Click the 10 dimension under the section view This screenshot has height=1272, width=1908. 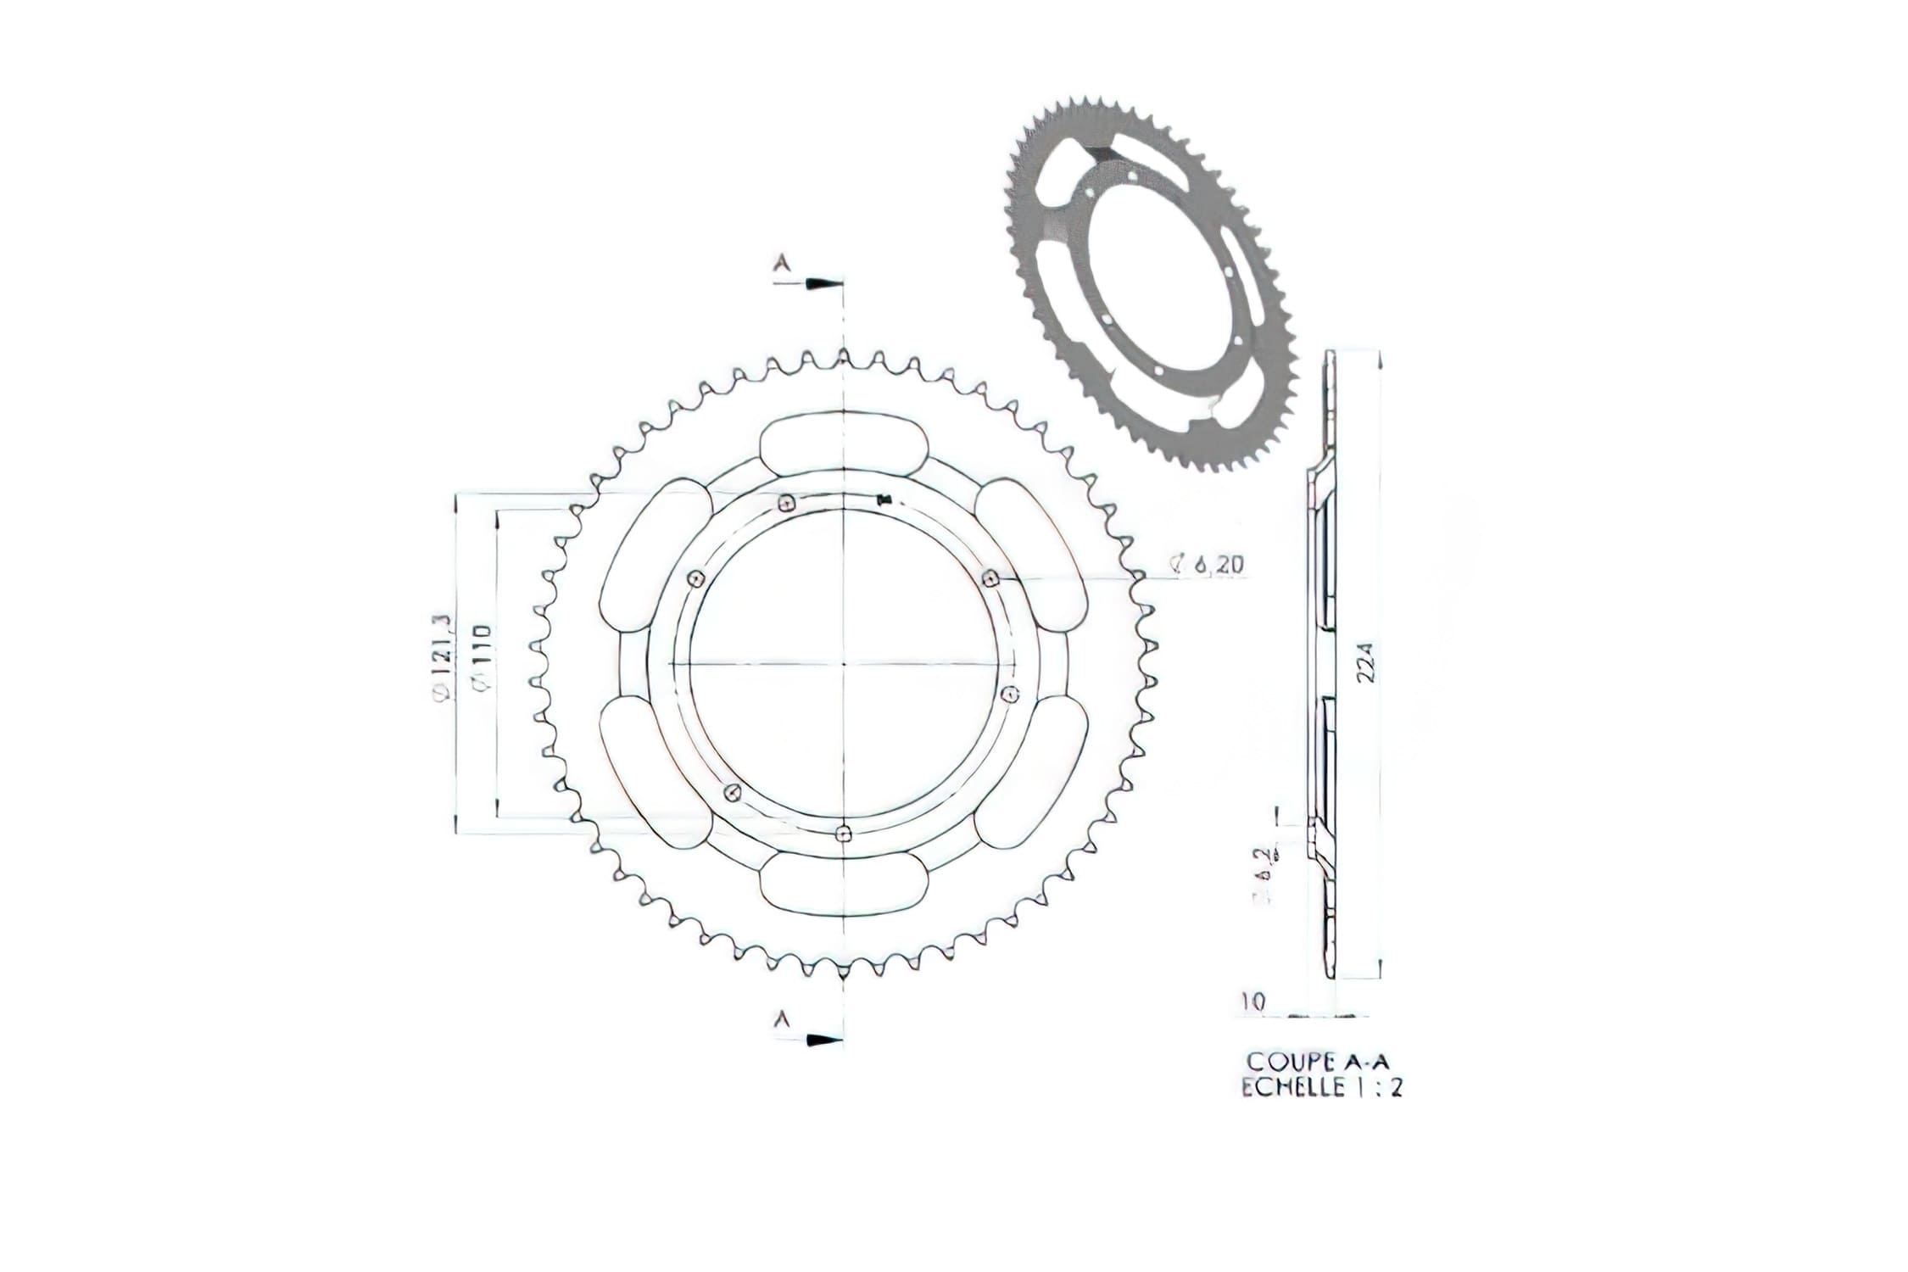(x=1254, y=1001)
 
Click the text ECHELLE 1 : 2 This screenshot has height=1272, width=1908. (x=1321, y=1088)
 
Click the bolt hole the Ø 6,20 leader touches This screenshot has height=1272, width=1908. (x=989, y=578)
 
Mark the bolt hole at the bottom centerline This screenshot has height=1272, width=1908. (x=842, y=834)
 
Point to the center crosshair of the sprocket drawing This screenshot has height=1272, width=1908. (x=844, y=662)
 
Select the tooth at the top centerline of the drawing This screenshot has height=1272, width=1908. (x=844, y=356)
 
